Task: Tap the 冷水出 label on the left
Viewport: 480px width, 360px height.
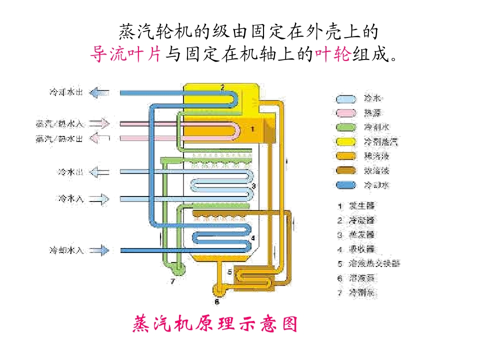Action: (69, 172)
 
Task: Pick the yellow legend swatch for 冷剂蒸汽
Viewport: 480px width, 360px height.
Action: (346, 142)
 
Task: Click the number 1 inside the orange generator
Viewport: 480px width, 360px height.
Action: (252, 129)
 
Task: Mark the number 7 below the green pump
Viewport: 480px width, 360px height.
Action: (172, 281)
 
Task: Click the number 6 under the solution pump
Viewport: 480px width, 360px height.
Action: (217, 301)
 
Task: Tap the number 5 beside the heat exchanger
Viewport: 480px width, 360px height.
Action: (229, 272)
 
